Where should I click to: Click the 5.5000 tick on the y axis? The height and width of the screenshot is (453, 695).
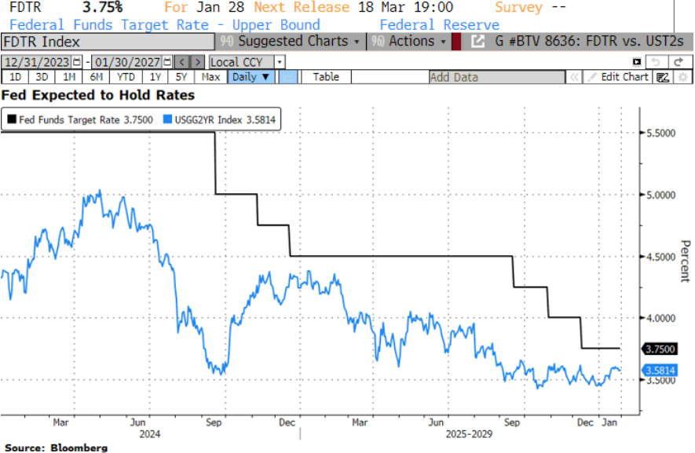coord(660,133)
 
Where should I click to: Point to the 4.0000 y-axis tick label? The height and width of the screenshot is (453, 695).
coord(660,318)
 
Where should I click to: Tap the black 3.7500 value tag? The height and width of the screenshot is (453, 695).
coord(660,349)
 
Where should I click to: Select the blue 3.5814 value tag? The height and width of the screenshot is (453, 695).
coord(660,370)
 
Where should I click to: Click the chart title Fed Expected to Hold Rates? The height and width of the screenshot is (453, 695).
coord(99,95)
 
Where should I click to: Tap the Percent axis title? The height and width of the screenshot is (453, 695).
coord(684,262)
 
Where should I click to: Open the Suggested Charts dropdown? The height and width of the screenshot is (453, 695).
coord(292,42)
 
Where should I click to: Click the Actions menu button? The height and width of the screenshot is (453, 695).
coord(411,42)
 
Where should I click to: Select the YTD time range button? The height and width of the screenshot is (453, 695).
coord(125,77)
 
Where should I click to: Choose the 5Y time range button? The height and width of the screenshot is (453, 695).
coord(181,77)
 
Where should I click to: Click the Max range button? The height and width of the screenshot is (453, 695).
coord(210,77)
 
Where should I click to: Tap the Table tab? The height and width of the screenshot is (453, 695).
coord(326,77)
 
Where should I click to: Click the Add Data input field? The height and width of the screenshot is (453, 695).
coord(496,77)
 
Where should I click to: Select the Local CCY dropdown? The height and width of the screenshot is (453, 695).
coord(247,61)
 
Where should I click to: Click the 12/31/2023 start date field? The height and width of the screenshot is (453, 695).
coord(37,61)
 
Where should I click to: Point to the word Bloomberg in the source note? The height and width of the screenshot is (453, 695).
coord(80,448)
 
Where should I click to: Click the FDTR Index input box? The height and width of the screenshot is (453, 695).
coord(106,42)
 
